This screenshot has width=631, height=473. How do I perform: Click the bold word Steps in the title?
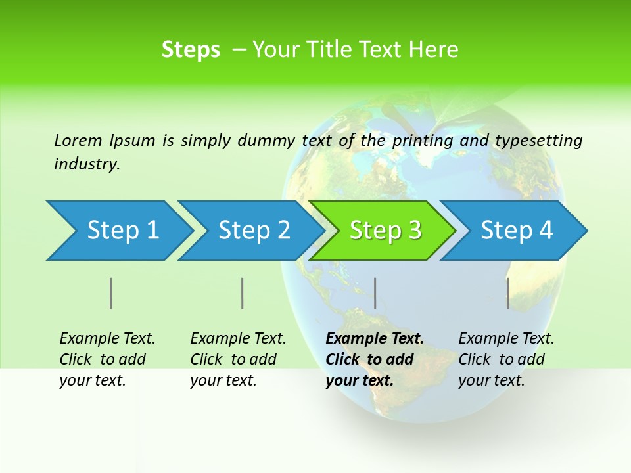click(x=191, y=50)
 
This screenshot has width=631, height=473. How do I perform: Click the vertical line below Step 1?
click(x=111, y=293)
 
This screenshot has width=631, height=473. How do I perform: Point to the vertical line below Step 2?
click(x=243, y=293)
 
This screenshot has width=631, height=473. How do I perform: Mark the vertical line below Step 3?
click(x=375, y=293)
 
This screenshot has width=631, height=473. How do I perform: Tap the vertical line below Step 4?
click(x=507, y=293)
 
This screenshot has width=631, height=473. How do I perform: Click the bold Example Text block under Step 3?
click(x=374, y=359)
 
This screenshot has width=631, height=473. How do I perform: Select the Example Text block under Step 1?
click(x=107, y=359)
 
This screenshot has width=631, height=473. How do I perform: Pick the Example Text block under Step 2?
click(x=238, y=359)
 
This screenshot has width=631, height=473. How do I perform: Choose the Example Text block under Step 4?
click(x=506, y=359)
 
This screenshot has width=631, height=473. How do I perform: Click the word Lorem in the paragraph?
click(x=78, y=141)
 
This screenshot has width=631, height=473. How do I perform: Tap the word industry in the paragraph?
click(x=87, y=164)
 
